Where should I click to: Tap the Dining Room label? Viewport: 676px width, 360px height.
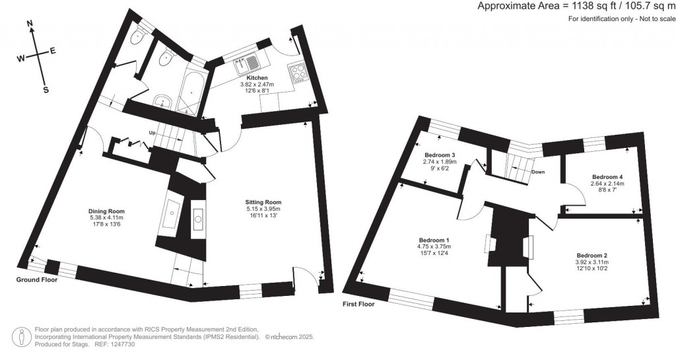point(106,211)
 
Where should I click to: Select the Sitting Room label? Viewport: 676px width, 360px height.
point(263,201)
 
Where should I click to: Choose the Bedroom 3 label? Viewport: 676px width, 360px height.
point(440,155)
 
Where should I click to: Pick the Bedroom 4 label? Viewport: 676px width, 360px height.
point(607,177)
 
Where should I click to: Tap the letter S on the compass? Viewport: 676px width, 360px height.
point(46,90)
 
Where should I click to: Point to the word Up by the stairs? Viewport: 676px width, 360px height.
point(152,132)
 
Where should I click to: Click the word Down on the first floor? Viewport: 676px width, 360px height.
point(537,172)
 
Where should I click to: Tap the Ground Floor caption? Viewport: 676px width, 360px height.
point(37,280)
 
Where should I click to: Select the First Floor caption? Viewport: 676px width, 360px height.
point(358,304)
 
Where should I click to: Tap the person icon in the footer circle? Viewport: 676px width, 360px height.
point(22,336)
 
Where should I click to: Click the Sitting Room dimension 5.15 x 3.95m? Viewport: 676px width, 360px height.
point(263,209)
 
